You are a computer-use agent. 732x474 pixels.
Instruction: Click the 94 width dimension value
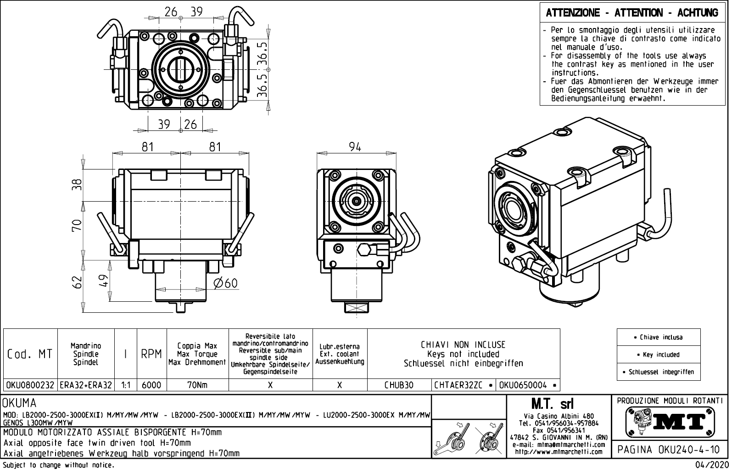[x=355, y=147]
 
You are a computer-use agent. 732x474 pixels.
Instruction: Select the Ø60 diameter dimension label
[x=226, y=283]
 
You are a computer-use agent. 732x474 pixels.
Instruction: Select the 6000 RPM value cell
[x=151, y=385]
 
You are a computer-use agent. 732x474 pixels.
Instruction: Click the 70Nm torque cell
[x=197, y=385]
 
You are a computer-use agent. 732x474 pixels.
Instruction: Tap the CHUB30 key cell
[x=399, y=385]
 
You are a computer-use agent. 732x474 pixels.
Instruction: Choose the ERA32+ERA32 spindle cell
[x=86, y=385]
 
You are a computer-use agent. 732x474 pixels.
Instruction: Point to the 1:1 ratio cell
[x=125, y=385]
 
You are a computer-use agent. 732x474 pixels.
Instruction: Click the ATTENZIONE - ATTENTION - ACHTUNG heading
[x=632, y=13]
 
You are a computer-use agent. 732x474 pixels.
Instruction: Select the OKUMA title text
[x=20, y=403]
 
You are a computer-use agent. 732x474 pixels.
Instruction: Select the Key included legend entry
[x=659, y=355]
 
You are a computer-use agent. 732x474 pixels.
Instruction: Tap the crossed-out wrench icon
[x=488, y=438]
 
